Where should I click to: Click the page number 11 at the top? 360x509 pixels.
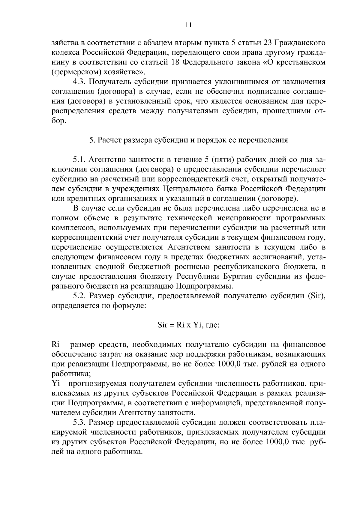click(188, 25)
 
